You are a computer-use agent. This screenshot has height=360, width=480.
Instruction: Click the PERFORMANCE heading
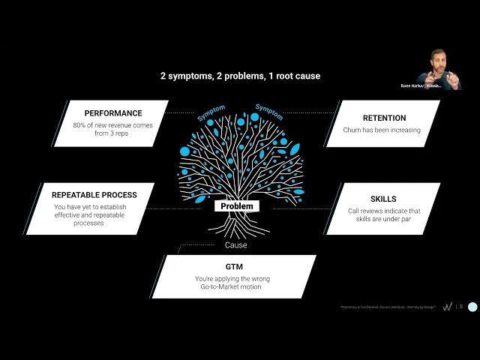(113, 114)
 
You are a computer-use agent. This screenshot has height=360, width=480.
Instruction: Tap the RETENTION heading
(384, 118)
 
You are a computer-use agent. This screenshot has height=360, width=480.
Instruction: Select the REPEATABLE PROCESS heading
(95, 195)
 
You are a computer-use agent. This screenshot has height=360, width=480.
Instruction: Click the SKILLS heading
(383, 199)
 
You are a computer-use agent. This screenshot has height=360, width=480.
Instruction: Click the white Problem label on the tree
(237, 206)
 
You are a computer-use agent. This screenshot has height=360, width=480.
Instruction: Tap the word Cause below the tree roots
(236, 245)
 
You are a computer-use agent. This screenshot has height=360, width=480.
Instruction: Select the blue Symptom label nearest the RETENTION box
(268, 112)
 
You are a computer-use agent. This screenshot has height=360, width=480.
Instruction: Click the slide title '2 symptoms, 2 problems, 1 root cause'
(240, 76)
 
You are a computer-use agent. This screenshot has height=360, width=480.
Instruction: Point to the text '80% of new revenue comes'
(113, 126)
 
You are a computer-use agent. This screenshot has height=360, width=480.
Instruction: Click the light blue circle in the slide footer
(472, 307)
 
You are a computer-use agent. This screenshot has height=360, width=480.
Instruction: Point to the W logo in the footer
(448, 307)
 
